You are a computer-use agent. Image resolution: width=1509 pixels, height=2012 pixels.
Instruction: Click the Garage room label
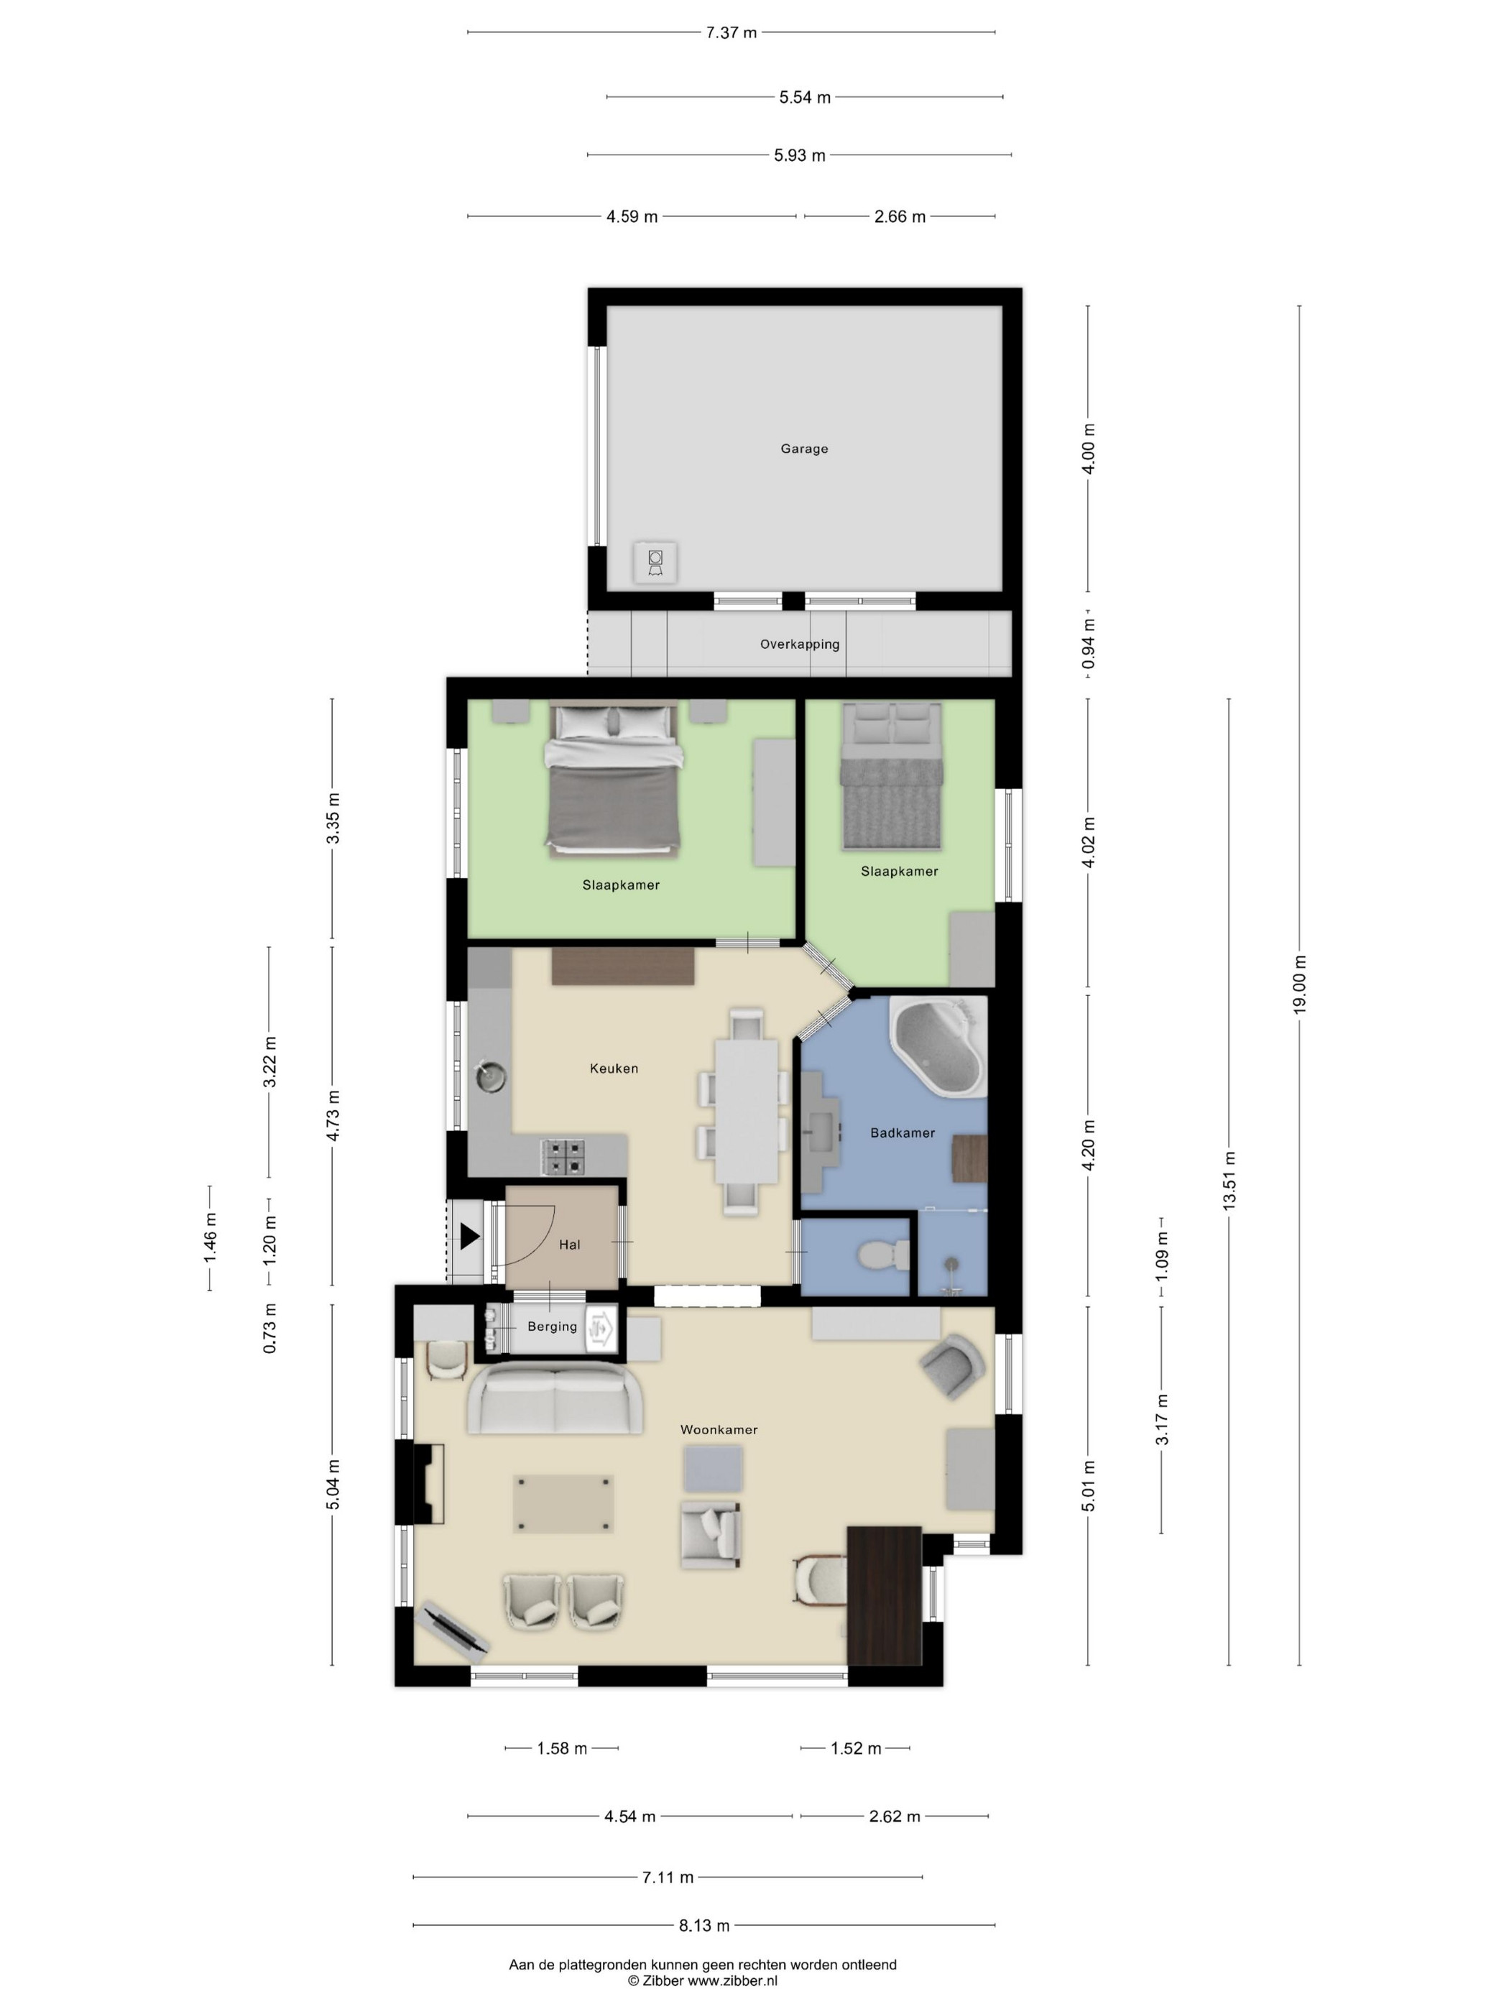coord(804,448)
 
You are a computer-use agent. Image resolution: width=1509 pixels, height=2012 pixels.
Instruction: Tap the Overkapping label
coord(800,644)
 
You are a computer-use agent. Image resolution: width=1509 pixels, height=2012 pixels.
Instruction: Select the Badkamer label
coord(903,1132)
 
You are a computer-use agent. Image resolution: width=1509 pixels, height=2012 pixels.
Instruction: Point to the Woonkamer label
coord(719,1429)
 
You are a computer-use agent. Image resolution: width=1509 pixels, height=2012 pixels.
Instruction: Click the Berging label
coord(552,1326)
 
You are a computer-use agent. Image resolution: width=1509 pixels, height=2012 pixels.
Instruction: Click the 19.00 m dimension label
coord(1299,984)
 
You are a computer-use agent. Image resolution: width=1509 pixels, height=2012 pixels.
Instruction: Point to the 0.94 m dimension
coord(1088,644)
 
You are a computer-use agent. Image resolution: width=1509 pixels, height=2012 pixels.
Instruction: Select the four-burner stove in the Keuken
coord(563,1158)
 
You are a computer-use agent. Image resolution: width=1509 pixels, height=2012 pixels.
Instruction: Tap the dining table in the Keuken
coord(746,1111)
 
